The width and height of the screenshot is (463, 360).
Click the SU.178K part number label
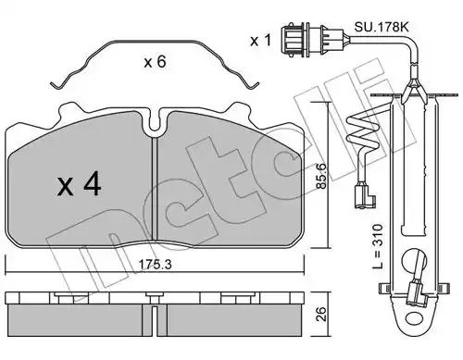click(382, 27)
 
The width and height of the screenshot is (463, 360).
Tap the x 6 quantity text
click(155, 62)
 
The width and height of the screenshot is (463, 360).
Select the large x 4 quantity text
click(80, 184)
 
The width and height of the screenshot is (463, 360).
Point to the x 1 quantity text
click(261, 41)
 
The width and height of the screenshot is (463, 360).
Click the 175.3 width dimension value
click(155, 265)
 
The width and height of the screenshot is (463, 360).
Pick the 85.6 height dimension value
click(321, 175)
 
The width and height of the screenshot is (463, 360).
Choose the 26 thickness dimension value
click(321, 314)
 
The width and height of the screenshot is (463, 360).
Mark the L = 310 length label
click(377, 246)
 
